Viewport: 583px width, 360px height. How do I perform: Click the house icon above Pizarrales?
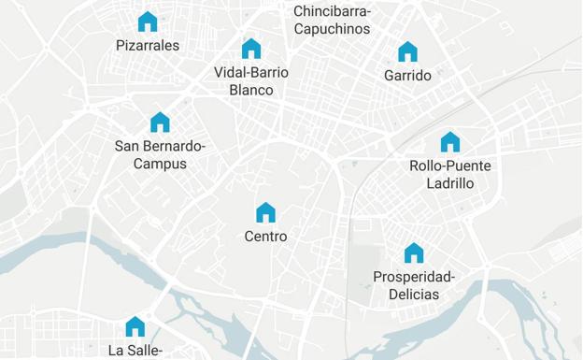[148, 22]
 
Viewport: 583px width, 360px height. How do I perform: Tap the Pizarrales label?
[148, 45]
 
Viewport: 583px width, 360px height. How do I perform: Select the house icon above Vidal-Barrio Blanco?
[251, 49]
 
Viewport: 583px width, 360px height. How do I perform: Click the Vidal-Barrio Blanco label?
[251, 81]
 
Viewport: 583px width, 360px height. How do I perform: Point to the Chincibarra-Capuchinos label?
[333, 20]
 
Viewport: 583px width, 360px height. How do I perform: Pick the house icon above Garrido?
[407, 52]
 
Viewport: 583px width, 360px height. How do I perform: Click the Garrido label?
[407, 76]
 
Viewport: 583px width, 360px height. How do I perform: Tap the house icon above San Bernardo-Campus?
[160, 122]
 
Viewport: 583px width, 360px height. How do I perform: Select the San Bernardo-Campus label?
[160, 154]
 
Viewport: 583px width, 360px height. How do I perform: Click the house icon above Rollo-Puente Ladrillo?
[450, 142]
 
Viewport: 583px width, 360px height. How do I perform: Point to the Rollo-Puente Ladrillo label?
[450, 174]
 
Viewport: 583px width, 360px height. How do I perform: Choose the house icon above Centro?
[266, 213]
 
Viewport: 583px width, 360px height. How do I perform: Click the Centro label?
[266, 237]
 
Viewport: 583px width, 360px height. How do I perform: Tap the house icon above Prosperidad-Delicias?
[414, 253]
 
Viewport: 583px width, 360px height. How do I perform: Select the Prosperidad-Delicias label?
[414, 285]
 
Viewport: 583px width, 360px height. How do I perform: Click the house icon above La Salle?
[135, 326]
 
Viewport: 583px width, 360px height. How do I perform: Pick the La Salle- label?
[135, 351]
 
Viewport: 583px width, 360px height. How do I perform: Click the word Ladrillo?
[450, 183]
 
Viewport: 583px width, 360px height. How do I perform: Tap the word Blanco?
[251, 91]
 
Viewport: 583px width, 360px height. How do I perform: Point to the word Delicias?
[414, 295]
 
